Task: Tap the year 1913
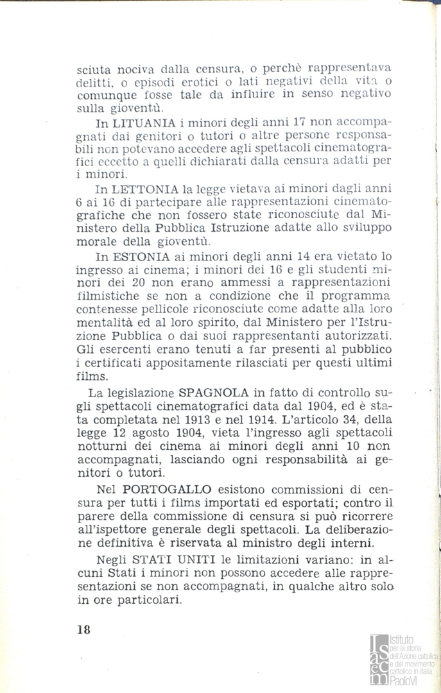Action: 234,418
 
